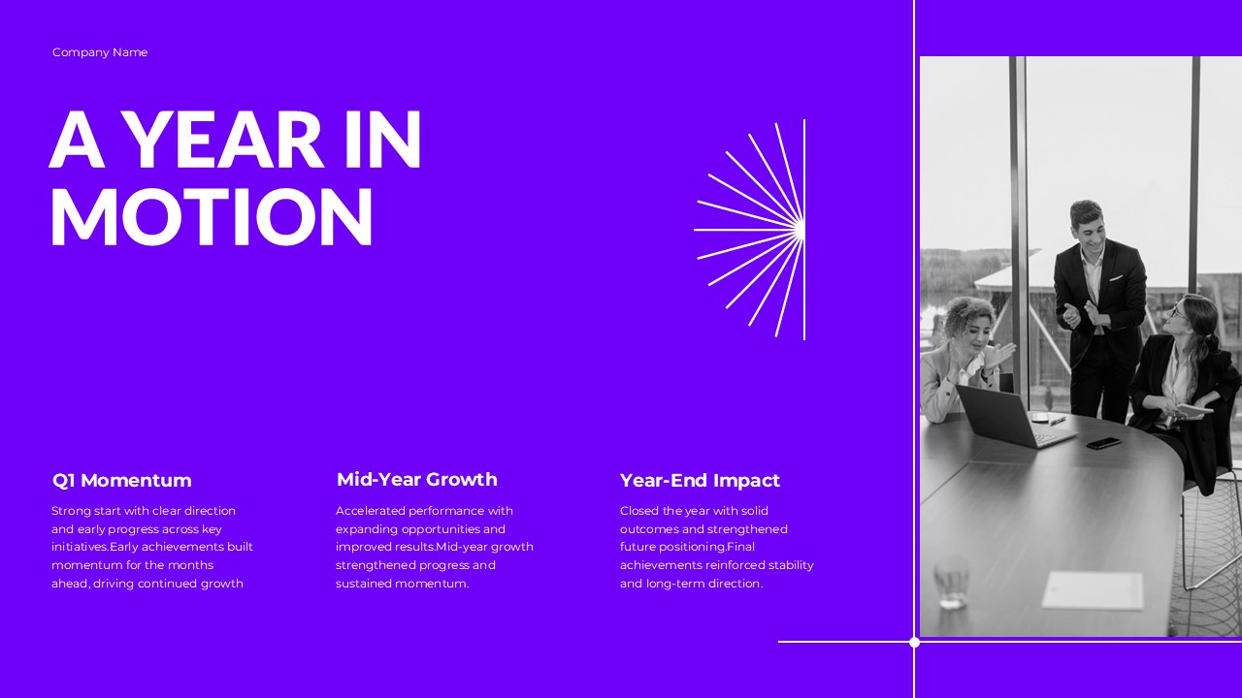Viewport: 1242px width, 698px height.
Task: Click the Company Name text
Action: click(x=100, y=52)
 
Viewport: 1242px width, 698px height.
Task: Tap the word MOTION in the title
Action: click(x=212, y=216)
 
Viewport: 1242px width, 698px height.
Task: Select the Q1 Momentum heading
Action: click(x=122, y=481)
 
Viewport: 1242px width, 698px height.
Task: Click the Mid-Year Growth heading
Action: click(x=416, y=480)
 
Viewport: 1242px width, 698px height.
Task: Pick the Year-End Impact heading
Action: click(x=700, y=481)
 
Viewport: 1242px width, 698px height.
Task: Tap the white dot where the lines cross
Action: click(x=914, y=642)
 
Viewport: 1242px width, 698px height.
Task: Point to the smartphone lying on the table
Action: click(x=1103, y=443)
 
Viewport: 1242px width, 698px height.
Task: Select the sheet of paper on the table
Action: click(x=1093, y=588)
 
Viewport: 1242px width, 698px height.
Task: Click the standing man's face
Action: click(x=1087, y=227)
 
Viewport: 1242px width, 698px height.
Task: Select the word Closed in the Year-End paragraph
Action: click(x=638, y=511)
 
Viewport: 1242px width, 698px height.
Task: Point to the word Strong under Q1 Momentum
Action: click(x=71, y=511)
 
